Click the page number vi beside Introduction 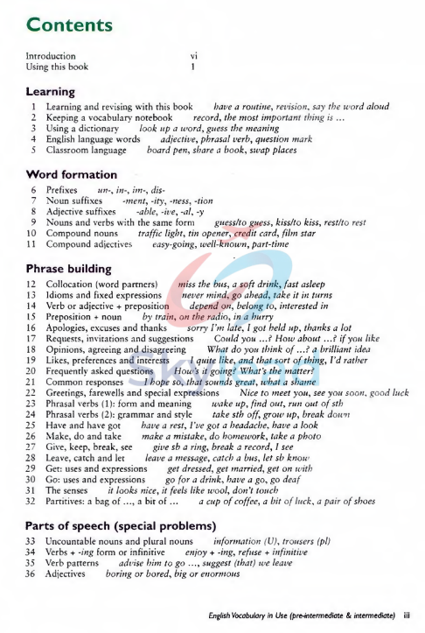click(194, 56)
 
